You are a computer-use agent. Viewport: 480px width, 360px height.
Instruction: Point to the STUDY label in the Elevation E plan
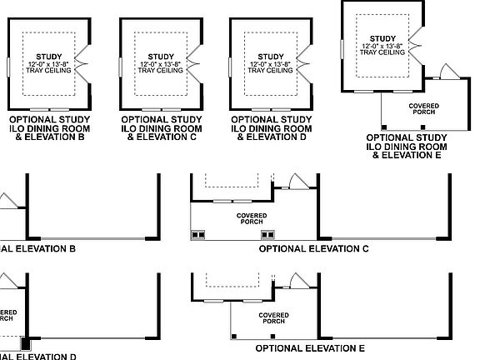pyautogui.click(x=383, y=37)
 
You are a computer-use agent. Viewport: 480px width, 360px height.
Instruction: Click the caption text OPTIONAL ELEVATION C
pyautogui.click(x=314, y=248)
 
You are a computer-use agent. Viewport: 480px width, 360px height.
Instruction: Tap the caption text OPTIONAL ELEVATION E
pyautogui.click(x=310, y=348)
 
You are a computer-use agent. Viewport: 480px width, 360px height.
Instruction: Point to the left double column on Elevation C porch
pyautogui.click(x=198, y=235)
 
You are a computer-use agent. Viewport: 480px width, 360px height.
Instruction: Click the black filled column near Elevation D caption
pyautogui.click(x=25, y=342)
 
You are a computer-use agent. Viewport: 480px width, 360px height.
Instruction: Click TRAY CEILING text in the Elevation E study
pyautogui.click(x=383, y=52)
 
